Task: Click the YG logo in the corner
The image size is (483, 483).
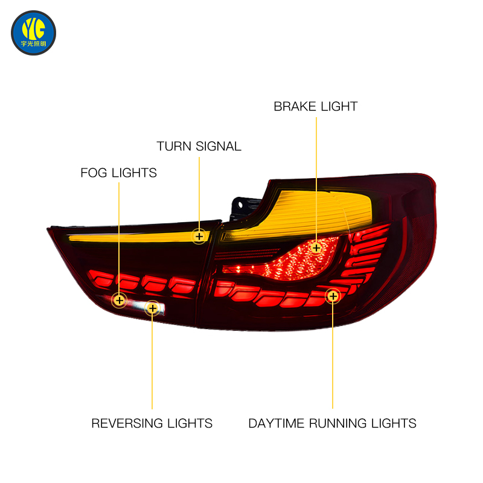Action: click(33, 33)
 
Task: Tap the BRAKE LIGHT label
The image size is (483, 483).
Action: click(315, 107)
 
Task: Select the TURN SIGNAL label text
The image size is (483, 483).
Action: click(199, 146)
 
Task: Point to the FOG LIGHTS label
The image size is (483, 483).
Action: click(118, 173)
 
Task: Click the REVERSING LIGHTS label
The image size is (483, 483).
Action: click(152, 423)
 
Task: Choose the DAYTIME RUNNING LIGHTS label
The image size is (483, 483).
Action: click(333, 423)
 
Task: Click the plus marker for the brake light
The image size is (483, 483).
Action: click(316, 248)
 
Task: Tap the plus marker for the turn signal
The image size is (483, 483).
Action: click(199, 236)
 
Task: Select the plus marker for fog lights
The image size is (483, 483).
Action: click(119, 300)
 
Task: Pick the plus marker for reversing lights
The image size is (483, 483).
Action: click(153, 308)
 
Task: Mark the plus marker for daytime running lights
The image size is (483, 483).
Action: click(333, 296)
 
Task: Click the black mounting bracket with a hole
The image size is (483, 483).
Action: click(243, 208)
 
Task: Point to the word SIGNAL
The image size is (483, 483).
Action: click(219, 146)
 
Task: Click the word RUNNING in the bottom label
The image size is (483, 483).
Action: click(338, 423)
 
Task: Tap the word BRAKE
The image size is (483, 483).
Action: click(295, 107)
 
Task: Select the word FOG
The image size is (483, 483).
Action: click(94, 173)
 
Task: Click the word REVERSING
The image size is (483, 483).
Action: click(127, 423)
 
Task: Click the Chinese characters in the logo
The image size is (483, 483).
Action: click(33, 43)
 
